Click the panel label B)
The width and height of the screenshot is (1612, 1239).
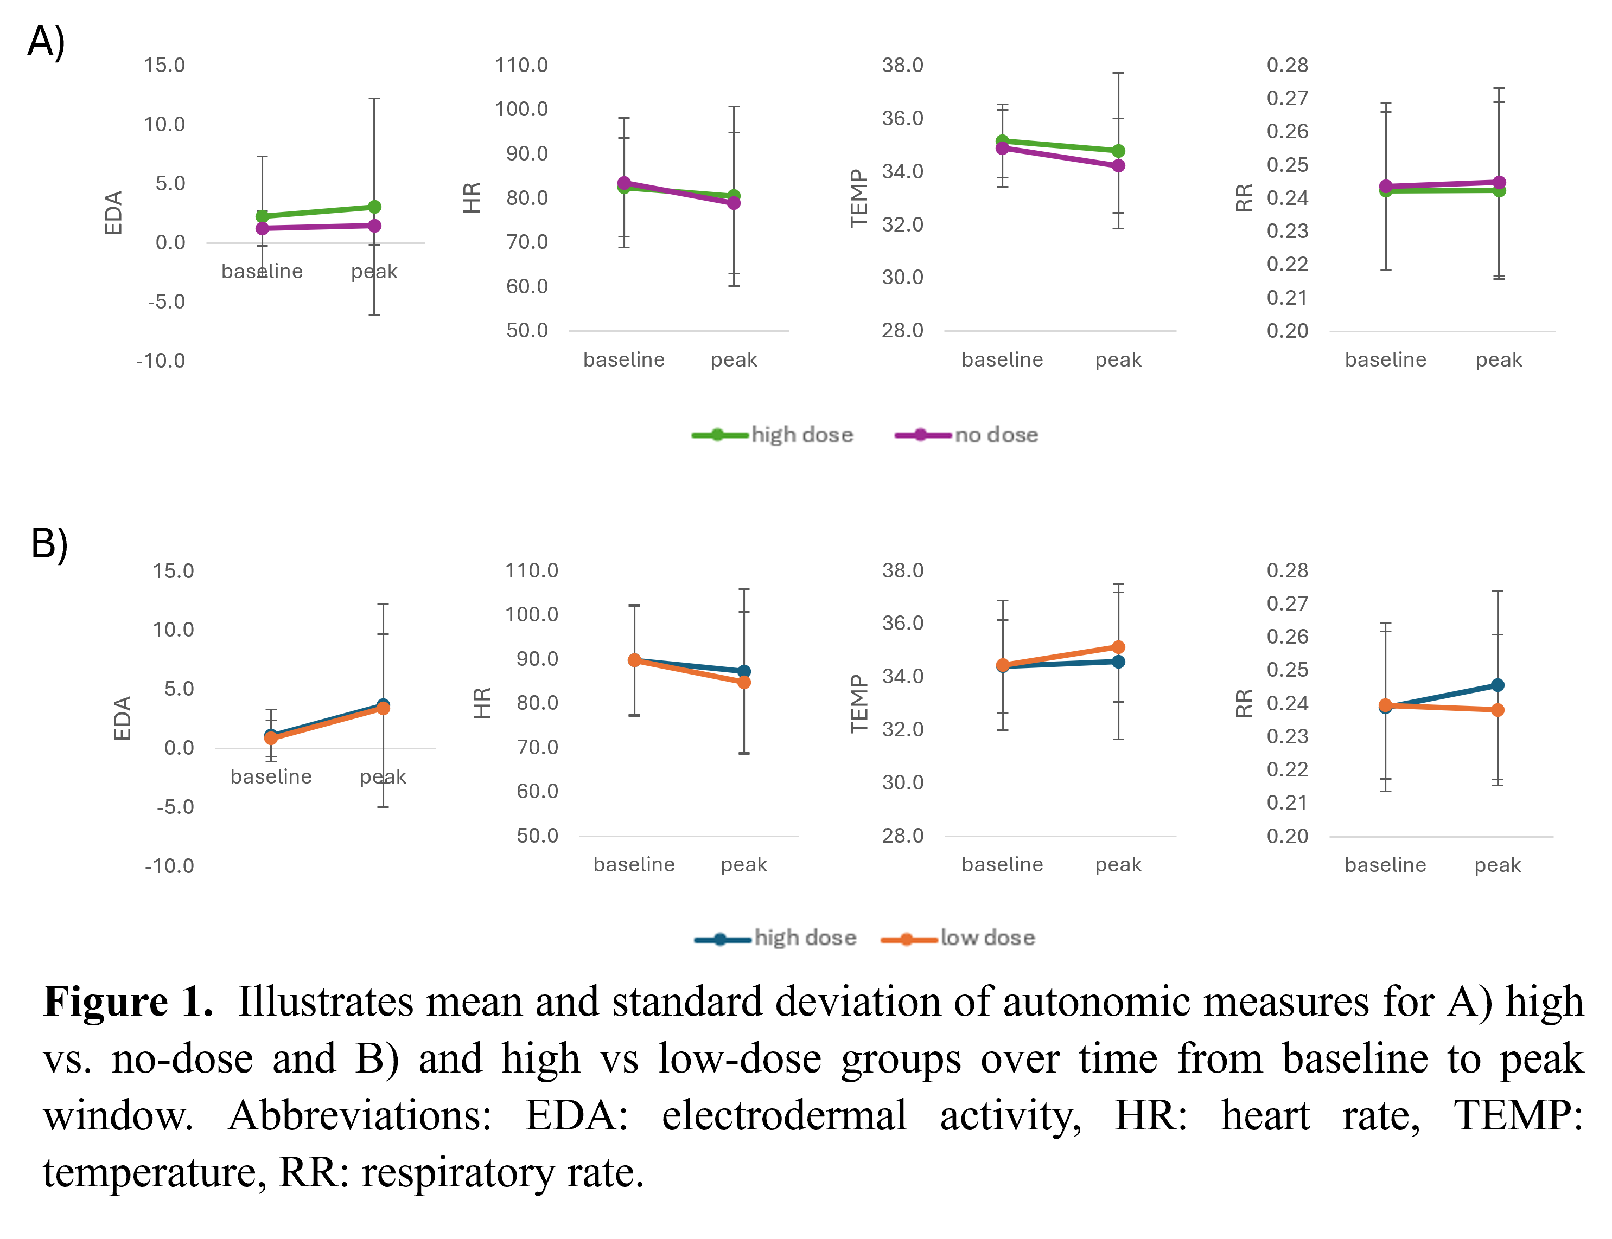(49, 544)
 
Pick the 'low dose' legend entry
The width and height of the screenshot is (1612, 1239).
(986, 938)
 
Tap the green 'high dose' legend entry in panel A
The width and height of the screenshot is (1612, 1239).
(801, 435)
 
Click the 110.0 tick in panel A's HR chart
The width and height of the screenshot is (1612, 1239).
(521, 65)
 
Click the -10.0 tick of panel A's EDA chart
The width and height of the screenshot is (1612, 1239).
(160, 361)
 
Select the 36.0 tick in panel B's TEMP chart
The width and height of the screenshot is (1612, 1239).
(902, 623)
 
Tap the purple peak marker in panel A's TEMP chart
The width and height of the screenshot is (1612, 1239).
(1118, 166)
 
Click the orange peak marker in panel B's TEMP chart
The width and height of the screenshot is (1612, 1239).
(1118, 647)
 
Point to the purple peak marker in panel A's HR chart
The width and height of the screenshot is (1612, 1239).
(734, 203)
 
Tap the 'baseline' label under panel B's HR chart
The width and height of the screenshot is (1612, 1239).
(634, 864)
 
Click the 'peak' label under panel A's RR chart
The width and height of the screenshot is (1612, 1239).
(1499, 360)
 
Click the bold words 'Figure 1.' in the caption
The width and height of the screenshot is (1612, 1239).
(128, 1002)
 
